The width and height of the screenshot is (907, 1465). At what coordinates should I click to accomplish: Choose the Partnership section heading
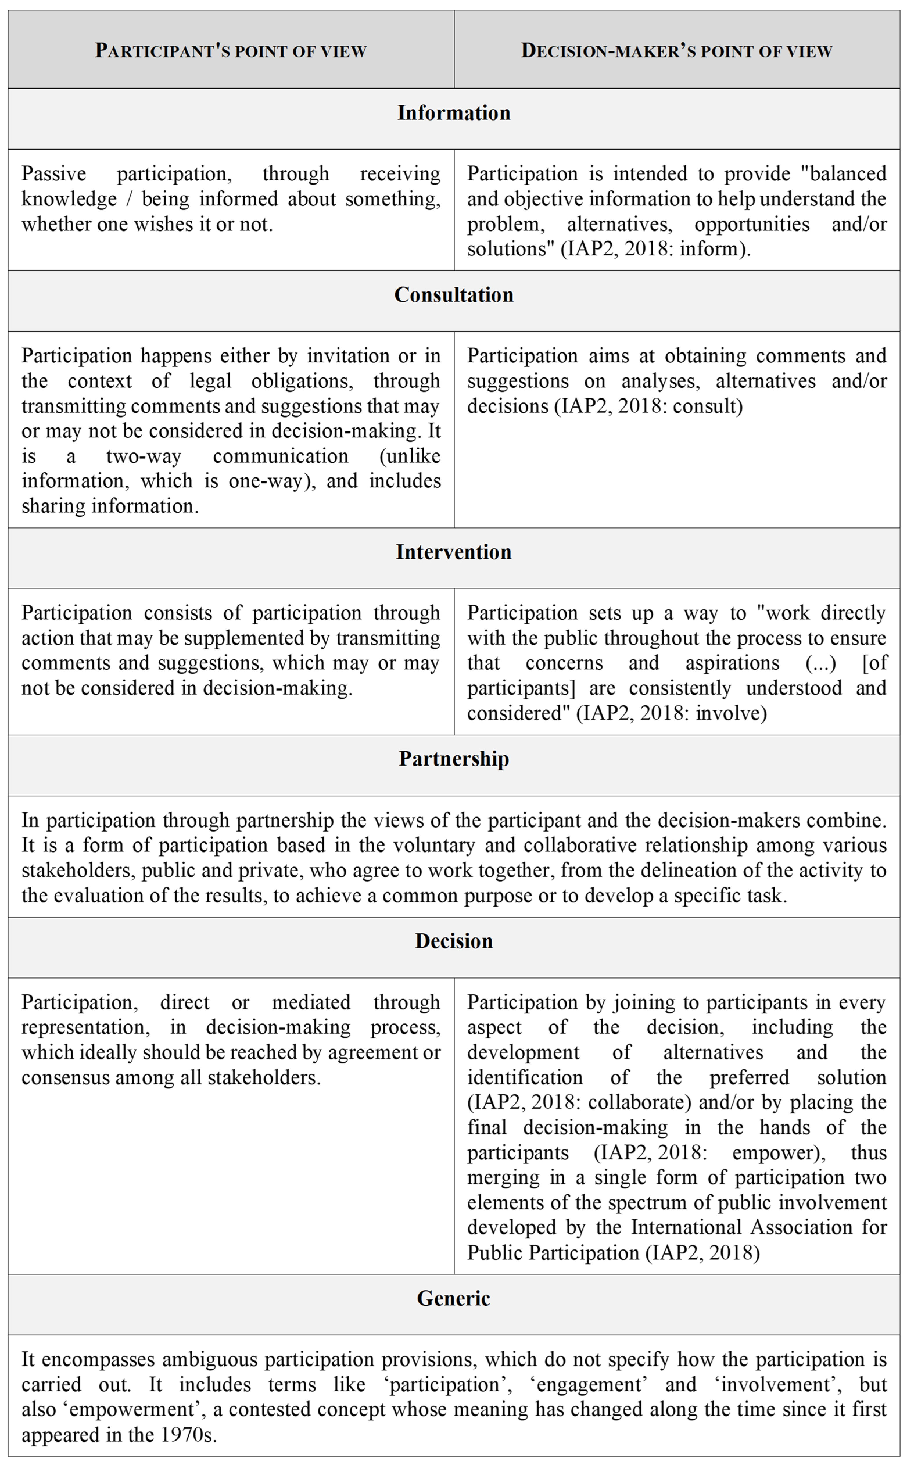click(x=453, y=759)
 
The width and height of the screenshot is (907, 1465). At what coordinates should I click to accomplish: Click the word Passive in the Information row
click(x=54, y=174)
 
